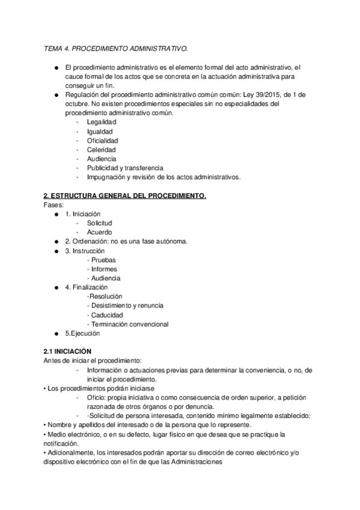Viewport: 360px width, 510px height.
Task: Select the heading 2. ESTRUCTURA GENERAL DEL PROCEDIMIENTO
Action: tap(125, 196)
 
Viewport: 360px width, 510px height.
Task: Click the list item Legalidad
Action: tap(102, 122)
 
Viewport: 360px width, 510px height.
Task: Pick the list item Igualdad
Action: tap(100, 131)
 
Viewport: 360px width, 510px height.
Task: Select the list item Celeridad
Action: tap(102, 150)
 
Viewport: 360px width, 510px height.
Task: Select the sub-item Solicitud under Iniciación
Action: tap(100, 223)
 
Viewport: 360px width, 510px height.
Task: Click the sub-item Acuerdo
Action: tap(99, 232)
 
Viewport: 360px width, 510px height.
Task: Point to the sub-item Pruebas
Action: tap(103, 260)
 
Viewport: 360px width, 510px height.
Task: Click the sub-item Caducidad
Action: tap(106, 315)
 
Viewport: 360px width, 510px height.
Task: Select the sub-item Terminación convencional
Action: tap(129, 324)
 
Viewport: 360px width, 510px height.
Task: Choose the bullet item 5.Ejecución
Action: tap(83, 333)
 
